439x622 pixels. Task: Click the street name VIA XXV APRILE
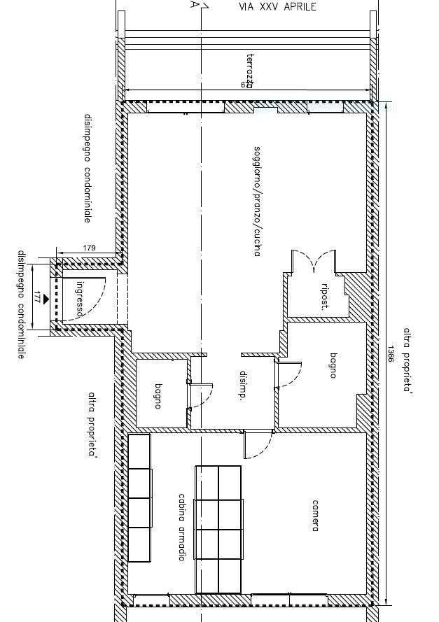pyautogui.click(x=278, y=7)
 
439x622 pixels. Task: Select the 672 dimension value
pyautogui.click(x=246, y=85)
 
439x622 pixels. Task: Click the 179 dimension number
pyautogui.click(x=89, y=248)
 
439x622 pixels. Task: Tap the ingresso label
pyautogui.click(x=81, y=299)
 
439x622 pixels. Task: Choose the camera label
pyautogui.click(x=316, y=516)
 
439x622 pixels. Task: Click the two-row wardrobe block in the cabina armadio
pyautogui.click(x=218, y=528)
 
